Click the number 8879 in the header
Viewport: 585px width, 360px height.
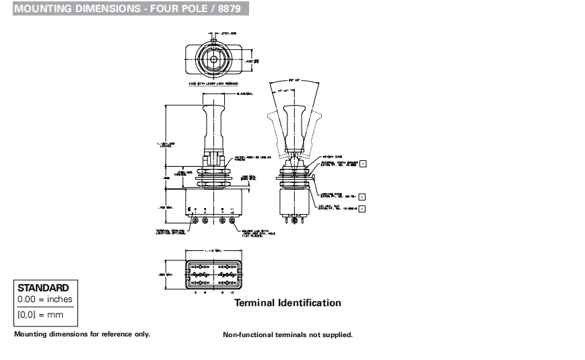(230, 9)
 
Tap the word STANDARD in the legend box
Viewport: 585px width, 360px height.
(43, 287)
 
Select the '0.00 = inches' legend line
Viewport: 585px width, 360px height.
(44, 299)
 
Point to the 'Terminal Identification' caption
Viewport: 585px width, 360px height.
(287, 303)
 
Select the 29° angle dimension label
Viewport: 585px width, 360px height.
(294, 79)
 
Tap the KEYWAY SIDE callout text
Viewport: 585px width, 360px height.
(333, 155)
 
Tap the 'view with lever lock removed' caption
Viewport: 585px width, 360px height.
(213, 83)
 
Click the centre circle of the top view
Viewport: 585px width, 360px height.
(213, 58)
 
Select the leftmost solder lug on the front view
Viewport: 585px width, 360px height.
(195, 219)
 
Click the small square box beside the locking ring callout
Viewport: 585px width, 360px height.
(362, 196)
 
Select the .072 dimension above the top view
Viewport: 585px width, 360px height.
(230, 32)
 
